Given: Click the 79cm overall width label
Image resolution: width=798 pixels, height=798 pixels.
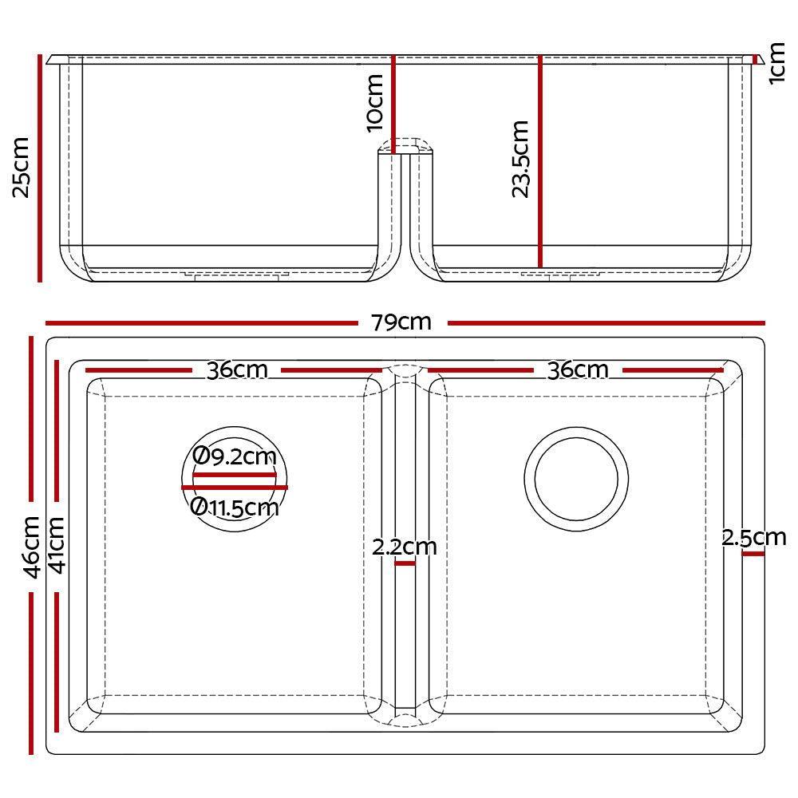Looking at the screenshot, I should [x=401, y=322].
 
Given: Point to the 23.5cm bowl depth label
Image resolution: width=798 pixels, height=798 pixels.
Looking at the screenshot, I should [x=520, y=159].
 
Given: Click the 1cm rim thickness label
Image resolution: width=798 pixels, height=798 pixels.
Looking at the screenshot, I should [x=778, y=65].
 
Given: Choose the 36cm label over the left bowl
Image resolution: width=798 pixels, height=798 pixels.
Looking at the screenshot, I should [x=236, y=370].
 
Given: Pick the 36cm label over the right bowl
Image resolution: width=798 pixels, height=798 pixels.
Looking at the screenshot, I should [x=577, y=370].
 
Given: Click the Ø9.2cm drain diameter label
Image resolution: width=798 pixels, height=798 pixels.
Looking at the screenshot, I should [x=235, y=457].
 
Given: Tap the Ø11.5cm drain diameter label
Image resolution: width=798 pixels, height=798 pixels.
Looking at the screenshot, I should [x=235, y=508].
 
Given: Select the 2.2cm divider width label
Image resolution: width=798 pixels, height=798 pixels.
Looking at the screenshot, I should [x=405, y=547].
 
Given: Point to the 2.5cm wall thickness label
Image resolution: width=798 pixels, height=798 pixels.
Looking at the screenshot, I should [x=754, y=537].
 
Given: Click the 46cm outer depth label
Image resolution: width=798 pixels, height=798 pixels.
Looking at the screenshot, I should [x=31, y=547].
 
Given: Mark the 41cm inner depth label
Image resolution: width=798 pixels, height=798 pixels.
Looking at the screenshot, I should [x=57, y=544].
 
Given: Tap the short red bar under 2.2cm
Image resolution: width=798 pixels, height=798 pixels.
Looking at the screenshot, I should [x=405, y=563].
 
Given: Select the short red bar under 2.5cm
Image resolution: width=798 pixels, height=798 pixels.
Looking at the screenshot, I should [x=753, y=553].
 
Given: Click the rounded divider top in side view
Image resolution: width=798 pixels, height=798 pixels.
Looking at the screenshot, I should [x=405, y=145].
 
